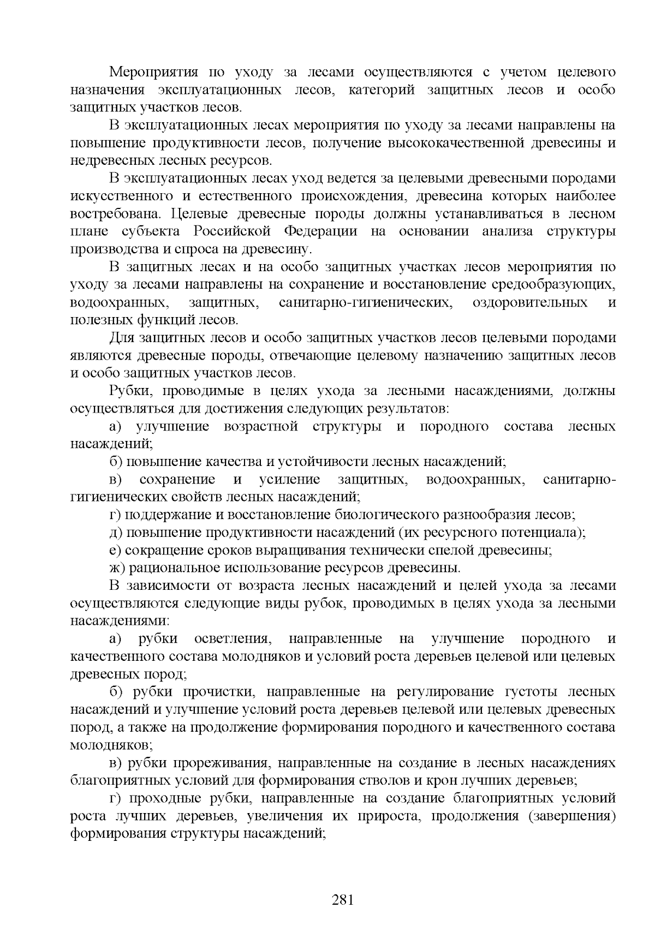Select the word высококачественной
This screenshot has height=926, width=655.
pyautogui.click(x=479, y=143)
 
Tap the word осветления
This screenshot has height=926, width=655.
pyautogui.click(x=225, y=639)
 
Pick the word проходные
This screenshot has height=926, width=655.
pyautogui.click(x=165, y=798)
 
